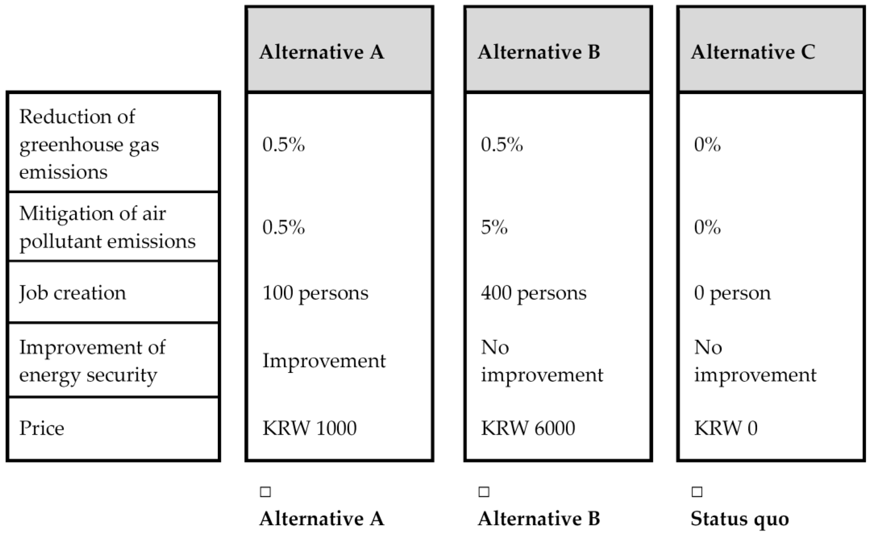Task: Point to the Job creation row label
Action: click(73, 293)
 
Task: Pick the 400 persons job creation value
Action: click(533, 293)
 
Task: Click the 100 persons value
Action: click(315, 293)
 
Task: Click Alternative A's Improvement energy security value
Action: click(324, 361)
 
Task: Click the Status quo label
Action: click(739, 519)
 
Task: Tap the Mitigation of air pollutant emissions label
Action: click(107, 227)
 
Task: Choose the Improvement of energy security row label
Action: click(92, 361)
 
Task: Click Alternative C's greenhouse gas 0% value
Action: click(707, 145)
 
